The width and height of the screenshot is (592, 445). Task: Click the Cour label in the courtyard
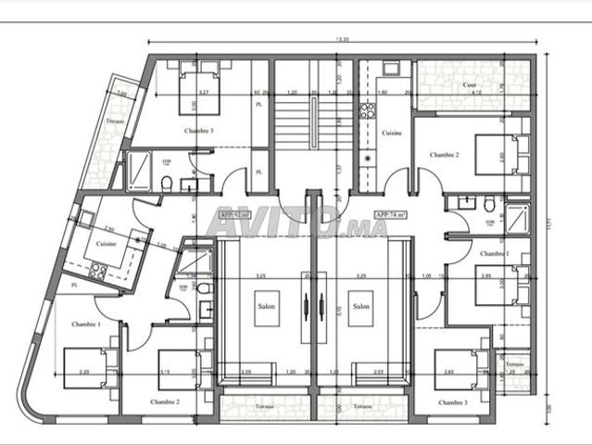(x=471, y=84)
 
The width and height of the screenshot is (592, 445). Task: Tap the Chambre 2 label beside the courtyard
(x=445, y=153)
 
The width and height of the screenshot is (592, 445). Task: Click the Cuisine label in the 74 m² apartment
(x=391, y=133)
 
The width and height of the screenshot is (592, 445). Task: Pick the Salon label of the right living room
(x=360, y=306)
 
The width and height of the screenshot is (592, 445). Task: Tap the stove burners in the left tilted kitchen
(x=98, y=272)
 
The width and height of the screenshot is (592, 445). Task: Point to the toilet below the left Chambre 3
(x=166, y=184)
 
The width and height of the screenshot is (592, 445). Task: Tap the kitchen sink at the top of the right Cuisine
(x=390, y=70)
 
